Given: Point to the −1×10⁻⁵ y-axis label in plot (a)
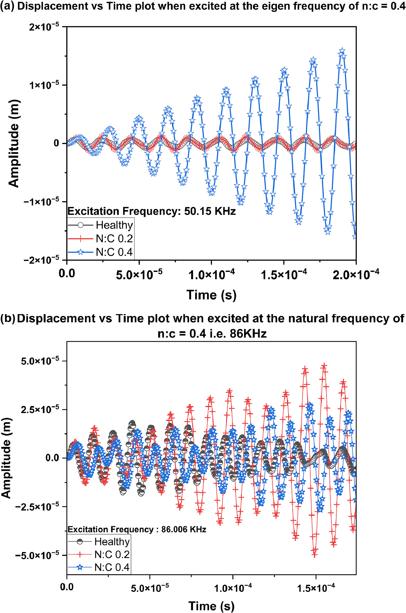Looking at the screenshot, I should (41, 202).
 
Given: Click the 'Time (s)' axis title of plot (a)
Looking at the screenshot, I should (211, 295).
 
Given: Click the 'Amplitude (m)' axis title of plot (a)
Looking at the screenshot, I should (14, 144).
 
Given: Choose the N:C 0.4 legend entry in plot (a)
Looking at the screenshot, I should (114, 252).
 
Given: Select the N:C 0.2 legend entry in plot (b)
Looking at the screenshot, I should (112, 554).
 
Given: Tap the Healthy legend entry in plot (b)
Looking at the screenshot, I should (112, 541).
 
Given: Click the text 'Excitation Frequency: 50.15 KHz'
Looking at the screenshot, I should (152, 211).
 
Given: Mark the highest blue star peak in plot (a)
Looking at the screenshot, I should (342, 51).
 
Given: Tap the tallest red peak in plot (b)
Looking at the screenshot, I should (324, 366).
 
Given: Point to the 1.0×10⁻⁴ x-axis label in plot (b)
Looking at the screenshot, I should (233, 587).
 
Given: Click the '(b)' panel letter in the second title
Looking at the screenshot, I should (8, 319).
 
